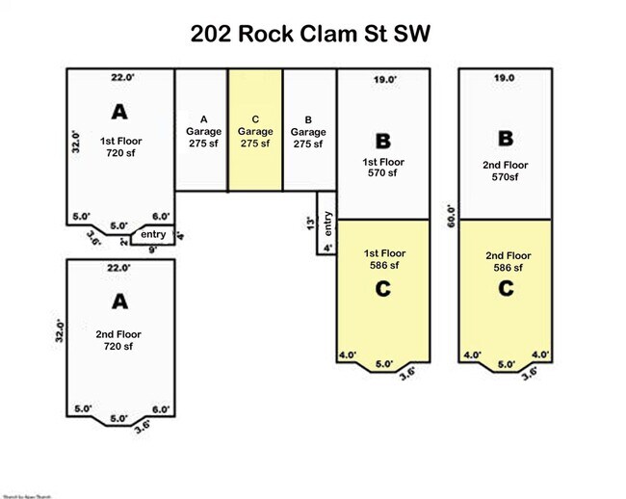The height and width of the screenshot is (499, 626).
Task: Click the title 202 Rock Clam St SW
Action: coord(310,34)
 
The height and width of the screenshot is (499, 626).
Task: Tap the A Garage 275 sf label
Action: coord(201,131)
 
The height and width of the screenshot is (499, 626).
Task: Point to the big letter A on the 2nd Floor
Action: coord(120,302)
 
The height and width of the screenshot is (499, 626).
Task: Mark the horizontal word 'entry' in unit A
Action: coord(153,234)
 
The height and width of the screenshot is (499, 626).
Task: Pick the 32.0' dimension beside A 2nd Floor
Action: coord(60,331)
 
